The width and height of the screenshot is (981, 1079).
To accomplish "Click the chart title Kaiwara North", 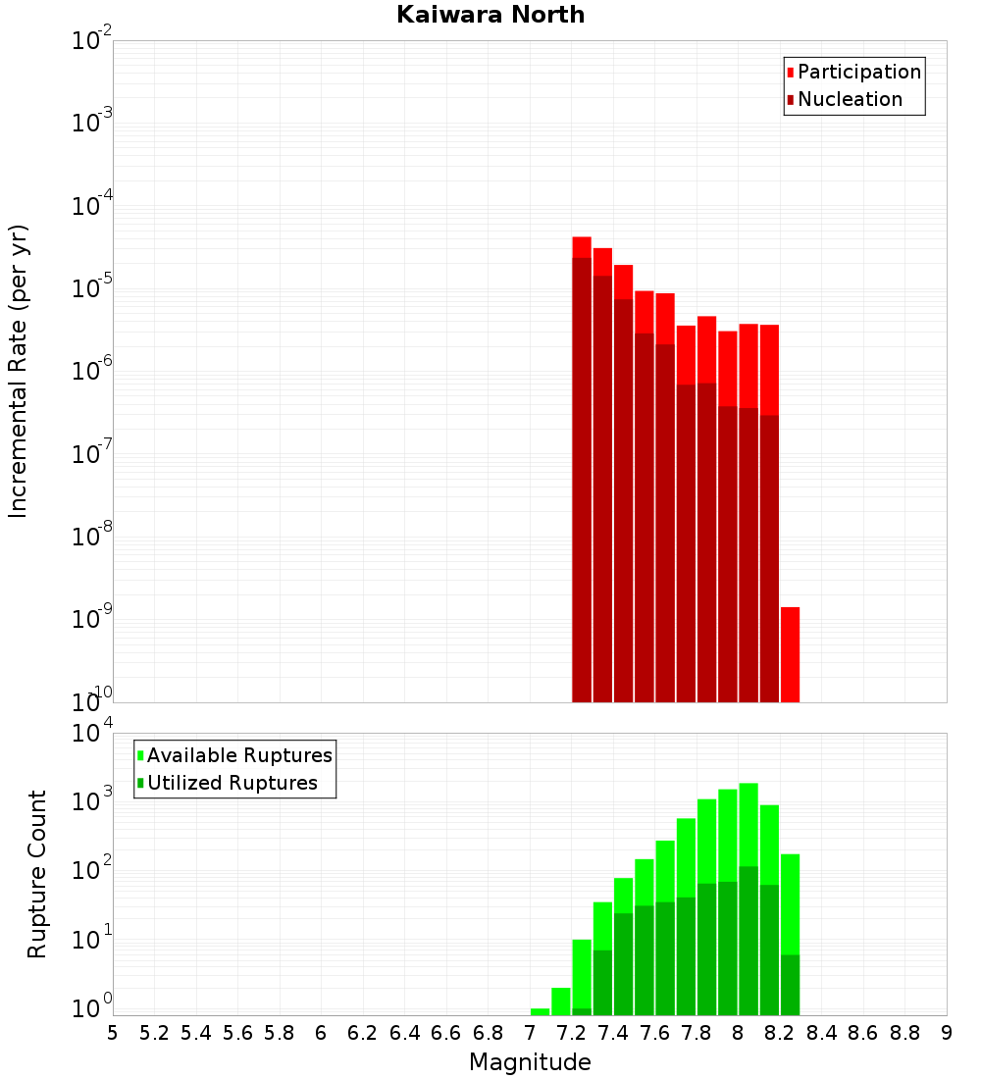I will tap(490, 15).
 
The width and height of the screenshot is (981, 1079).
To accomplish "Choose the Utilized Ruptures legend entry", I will tap(232, 783).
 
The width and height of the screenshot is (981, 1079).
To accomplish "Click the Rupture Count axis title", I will tap(37, 874).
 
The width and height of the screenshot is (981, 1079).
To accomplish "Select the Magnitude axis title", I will tap(530, 1062).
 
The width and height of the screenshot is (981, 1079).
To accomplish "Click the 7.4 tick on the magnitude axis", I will tap(613, 1033).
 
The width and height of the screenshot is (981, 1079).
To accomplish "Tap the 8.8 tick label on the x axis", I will tap(904, 1033).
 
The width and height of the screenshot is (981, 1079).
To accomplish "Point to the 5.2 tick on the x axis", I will tap(154, 1033).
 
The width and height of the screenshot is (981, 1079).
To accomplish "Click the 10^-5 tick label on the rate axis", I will tap(91, 287).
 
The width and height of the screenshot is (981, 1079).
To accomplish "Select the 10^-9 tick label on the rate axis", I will tap(91, 619).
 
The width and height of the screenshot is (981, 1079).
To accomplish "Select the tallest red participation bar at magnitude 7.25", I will tap(582, 246).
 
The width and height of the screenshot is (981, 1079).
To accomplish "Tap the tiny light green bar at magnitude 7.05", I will tap(540, 1011).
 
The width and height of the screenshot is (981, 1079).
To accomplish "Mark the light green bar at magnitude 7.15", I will tap(561, 1001).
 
